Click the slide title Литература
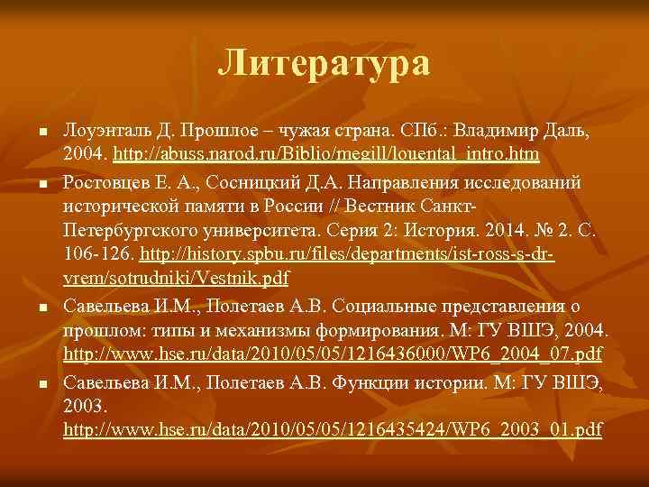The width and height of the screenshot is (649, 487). pos(324,64)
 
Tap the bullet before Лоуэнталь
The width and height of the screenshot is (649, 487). pos(42,133)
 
